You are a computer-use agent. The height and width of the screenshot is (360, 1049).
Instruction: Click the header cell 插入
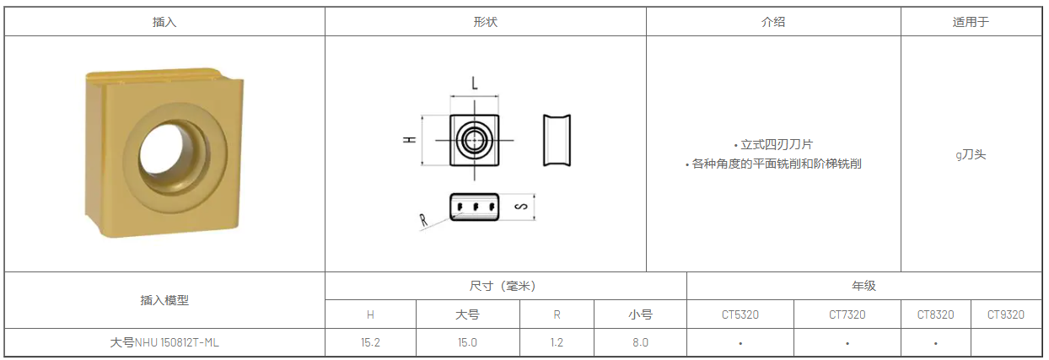tap(164, 23)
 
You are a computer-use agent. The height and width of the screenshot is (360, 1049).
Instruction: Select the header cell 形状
tap(486, 23)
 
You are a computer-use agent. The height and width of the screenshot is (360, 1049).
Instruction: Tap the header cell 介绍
tap(773, 23)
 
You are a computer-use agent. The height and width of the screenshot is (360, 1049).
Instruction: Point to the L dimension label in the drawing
tap(475, 83)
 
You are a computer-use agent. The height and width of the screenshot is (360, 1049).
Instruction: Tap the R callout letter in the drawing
tap(424, 221)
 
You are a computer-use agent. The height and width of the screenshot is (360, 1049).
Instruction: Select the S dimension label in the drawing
tap(521, 207)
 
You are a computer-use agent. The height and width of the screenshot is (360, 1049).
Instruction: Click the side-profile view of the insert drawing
tap(557, 140)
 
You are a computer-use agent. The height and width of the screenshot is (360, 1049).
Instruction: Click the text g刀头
tap(971, 154)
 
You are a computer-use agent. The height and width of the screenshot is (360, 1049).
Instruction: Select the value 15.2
tap(370, 342)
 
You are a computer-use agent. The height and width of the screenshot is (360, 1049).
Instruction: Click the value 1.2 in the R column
tap(557, 342)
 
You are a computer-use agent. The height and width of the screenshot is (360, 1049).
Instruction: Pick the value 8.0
tap(640, 342)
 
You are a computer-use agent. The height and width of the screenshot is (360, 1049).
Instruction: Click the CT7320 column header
tap(847, 314)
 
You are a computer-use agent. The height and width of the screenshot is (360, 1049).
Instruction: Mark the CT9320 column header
tap(1006, 314)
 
